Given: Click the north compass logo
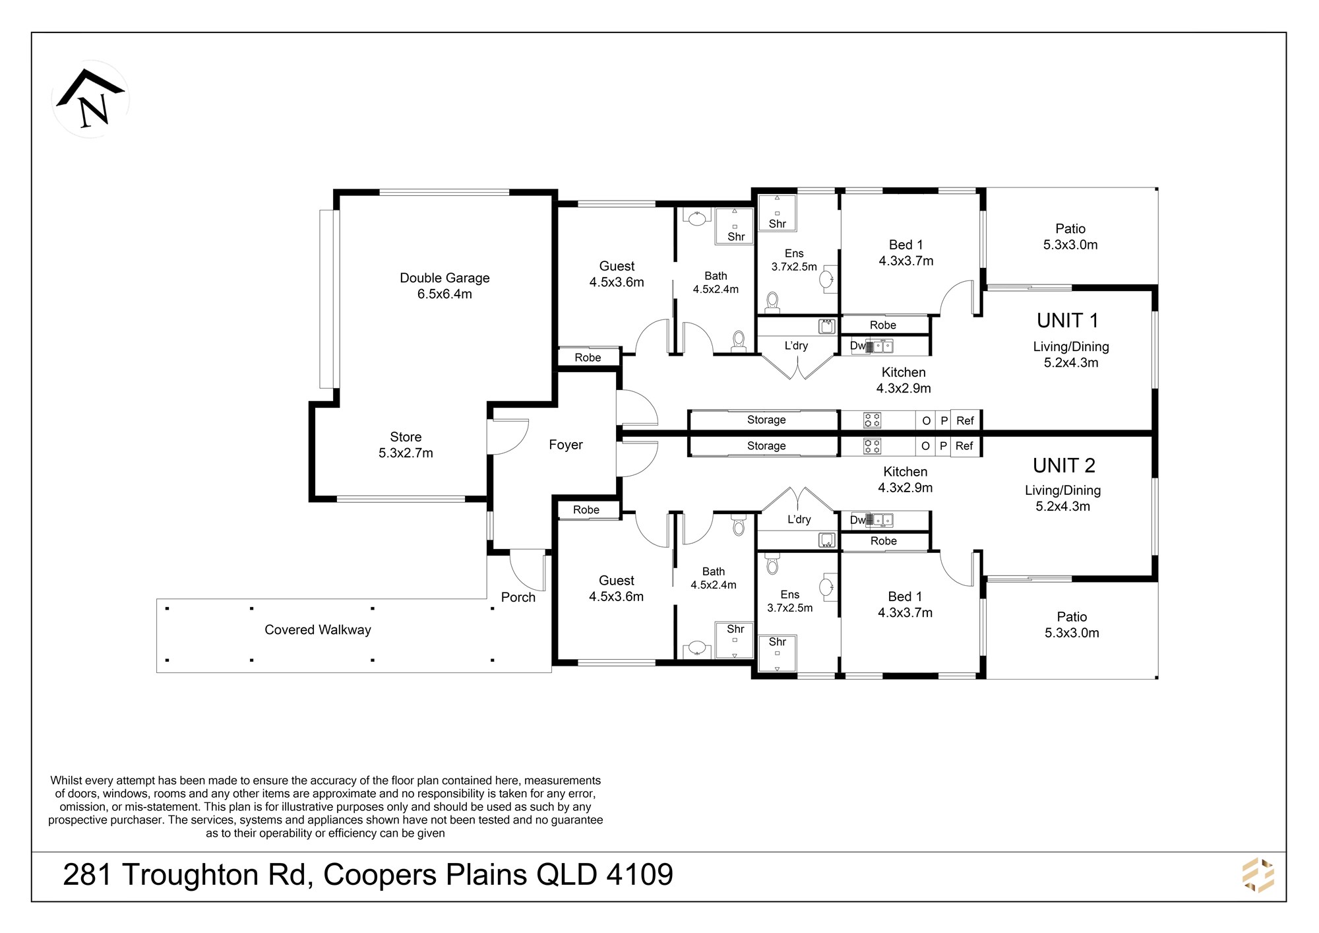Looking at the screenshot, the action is tap(90, 99).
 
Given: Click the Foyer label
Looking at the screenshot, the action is tap(566, 445).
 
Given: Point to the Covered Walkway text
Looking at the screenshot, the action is tap(318, 630).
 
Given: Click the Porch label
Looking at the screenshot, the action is tap(518, 597).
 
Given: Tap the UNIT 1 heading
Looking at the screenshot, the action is tap(1068, 321).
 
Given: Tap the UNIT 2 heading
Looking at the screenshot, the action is tap(1064, 466).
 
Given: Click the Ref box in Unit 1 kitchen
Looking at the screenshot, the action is tap(966, 420).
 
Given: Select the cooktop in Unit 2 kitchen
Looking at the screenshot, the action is tap(872, 447).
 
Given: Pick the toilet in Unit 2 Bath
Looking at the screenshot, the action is tap(739, 525).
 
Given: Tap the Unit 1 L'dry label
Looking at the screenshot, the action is tap(796, 346).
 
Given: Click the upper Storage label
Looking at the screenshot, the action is tap(766, 420).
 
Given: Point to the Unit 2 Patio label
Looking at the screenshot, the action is tap(1072, 625).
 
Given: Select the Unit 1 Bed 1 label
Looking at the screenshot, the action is tap(906, 253).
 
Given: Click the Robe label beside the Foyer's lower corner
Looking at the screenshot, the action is tap(586, 510).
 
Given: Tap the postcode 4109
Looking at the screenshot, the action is tap(640, 875).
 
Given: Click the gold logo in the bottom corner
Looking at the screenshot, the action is tap(1258, 876).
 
